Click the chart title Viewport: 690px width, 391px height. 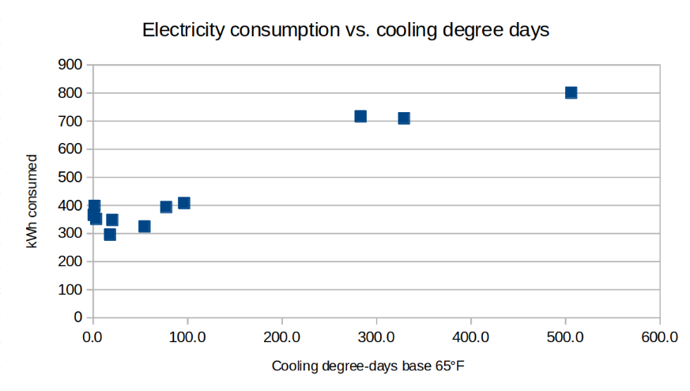(345, 30)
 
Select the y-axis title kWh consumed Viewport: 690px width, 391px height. (32, 202)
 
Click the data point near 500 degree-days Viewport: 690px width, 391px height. (571, 92)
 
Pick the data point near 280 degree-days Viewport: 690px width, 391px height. (360, 116)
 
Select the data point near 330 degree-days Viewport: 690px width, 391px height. (404, 118)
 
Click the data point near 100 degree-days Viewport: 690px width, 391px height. (184, 203)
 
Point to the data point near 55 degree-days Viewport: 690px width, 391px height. (145, 227)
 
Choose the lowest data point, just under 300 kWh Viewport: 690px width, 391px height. (110, 235)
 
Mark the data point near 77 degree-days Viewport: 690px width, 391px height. (166, 207)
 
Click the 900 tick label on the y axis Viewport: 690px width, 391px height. (72, 65)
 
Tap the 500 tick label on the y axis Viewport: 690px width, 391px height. (72, 177)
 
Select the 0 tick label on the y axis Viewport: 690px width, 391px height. (78, 318)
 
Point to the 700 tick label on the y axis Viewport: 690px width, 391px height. (72, 121)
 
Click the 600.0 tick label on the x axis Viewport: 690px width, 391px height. (659, 337)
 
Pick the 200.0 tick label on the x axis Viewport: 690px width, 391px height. (282, 337)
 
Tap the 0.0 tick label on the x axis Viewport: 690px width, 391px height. (93, 337)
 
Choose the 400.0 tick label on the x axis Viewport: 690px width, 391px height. (471, 337)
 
